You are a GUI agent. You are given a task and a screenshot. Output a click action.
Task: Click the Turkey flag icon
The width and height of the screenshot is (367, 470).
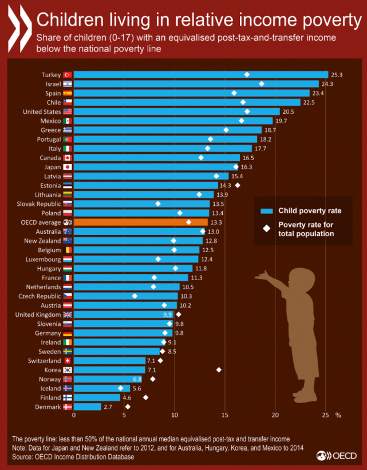coord(66,74)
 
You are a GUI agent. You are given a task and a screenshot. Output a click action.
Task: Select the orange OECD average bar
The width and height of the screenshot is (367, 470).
coord(141,222)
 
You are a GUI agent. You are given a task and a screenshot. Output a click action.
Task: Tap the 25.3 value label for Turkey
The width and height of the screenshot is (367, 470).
coord(337,74)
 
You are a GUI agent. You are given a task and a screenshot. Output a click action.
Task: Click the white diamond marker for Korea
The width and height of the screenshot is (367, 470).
coord(219,370)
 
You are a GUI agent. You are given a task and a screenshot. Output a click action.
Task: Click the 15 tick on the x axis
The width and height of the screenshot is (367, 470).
coord(225,416)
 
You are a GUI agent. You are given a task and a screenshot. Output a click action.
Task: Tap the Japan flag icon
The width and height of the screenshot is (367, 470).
coord(66,167)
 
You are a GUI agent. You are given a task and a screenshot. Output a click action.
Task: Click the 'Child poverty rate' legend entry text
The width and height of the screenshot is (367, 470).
coord(310,210)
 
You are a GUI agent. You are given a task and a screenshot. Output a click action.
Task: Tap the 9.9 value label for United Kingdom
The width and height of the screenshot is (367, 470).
coord(167,314)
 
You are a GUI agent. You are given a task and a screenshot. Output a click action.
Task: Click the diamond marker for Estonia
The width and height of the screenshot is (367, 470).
coord(238,185)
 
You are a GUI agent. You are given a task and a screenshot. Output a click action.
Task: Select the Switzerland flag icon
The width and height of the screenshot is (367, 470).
coord(66,361)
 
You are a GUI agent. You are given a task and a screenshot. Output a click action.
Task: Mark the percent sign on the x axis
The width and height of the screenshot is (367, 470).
coord(338,416)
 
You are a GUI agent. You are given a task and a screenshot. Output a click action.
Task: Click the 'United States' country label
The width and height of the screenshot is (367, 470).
coord(42,111)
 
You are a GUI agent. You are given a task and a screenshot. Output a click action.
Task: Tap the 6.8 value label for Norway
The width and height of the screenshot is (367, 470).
coord(137,379)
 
